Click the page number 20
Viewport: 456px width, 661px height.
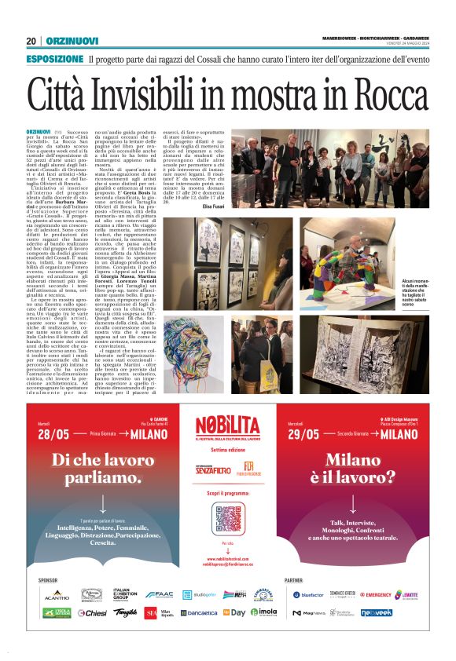[31, 41]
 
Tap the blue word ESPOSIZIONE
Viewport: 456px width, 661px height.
[54, 60]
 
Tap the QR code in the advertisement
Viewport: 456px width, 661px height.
[227, 517]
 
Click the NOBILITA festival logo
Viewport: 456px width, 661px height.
[227, 430]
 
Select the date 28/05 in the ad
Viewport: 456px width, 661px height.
[55, 435]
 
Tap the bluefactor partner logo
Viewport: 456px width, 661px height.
[307, 594]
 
